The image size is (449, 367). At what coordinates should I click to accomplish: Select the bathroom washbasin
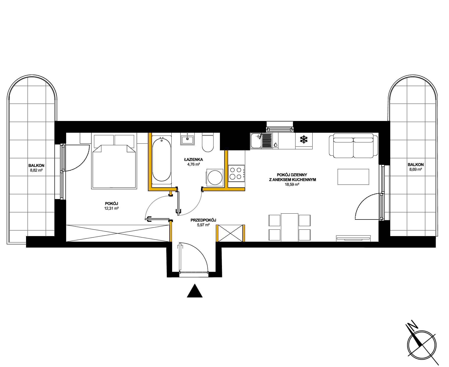(187, 139)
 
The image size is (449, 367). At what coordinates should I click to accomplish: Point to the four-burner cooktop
(236, 173)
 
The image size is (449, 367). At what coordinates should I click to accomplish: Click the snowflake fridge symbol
(304, 139)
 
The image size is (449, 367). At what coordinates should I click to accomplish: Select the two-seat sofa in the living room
(353, 145)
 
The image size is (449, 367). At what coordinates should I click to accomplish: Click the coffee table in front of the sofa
(353, 177)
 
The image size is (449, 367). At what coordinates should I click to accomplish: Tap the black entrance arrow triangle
(195, 291)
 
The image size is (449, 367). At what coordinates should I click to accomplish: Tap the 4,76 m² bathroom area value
(193, 164)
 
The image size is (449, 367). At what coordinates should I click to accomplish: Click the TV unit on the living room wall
(353, 238)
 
